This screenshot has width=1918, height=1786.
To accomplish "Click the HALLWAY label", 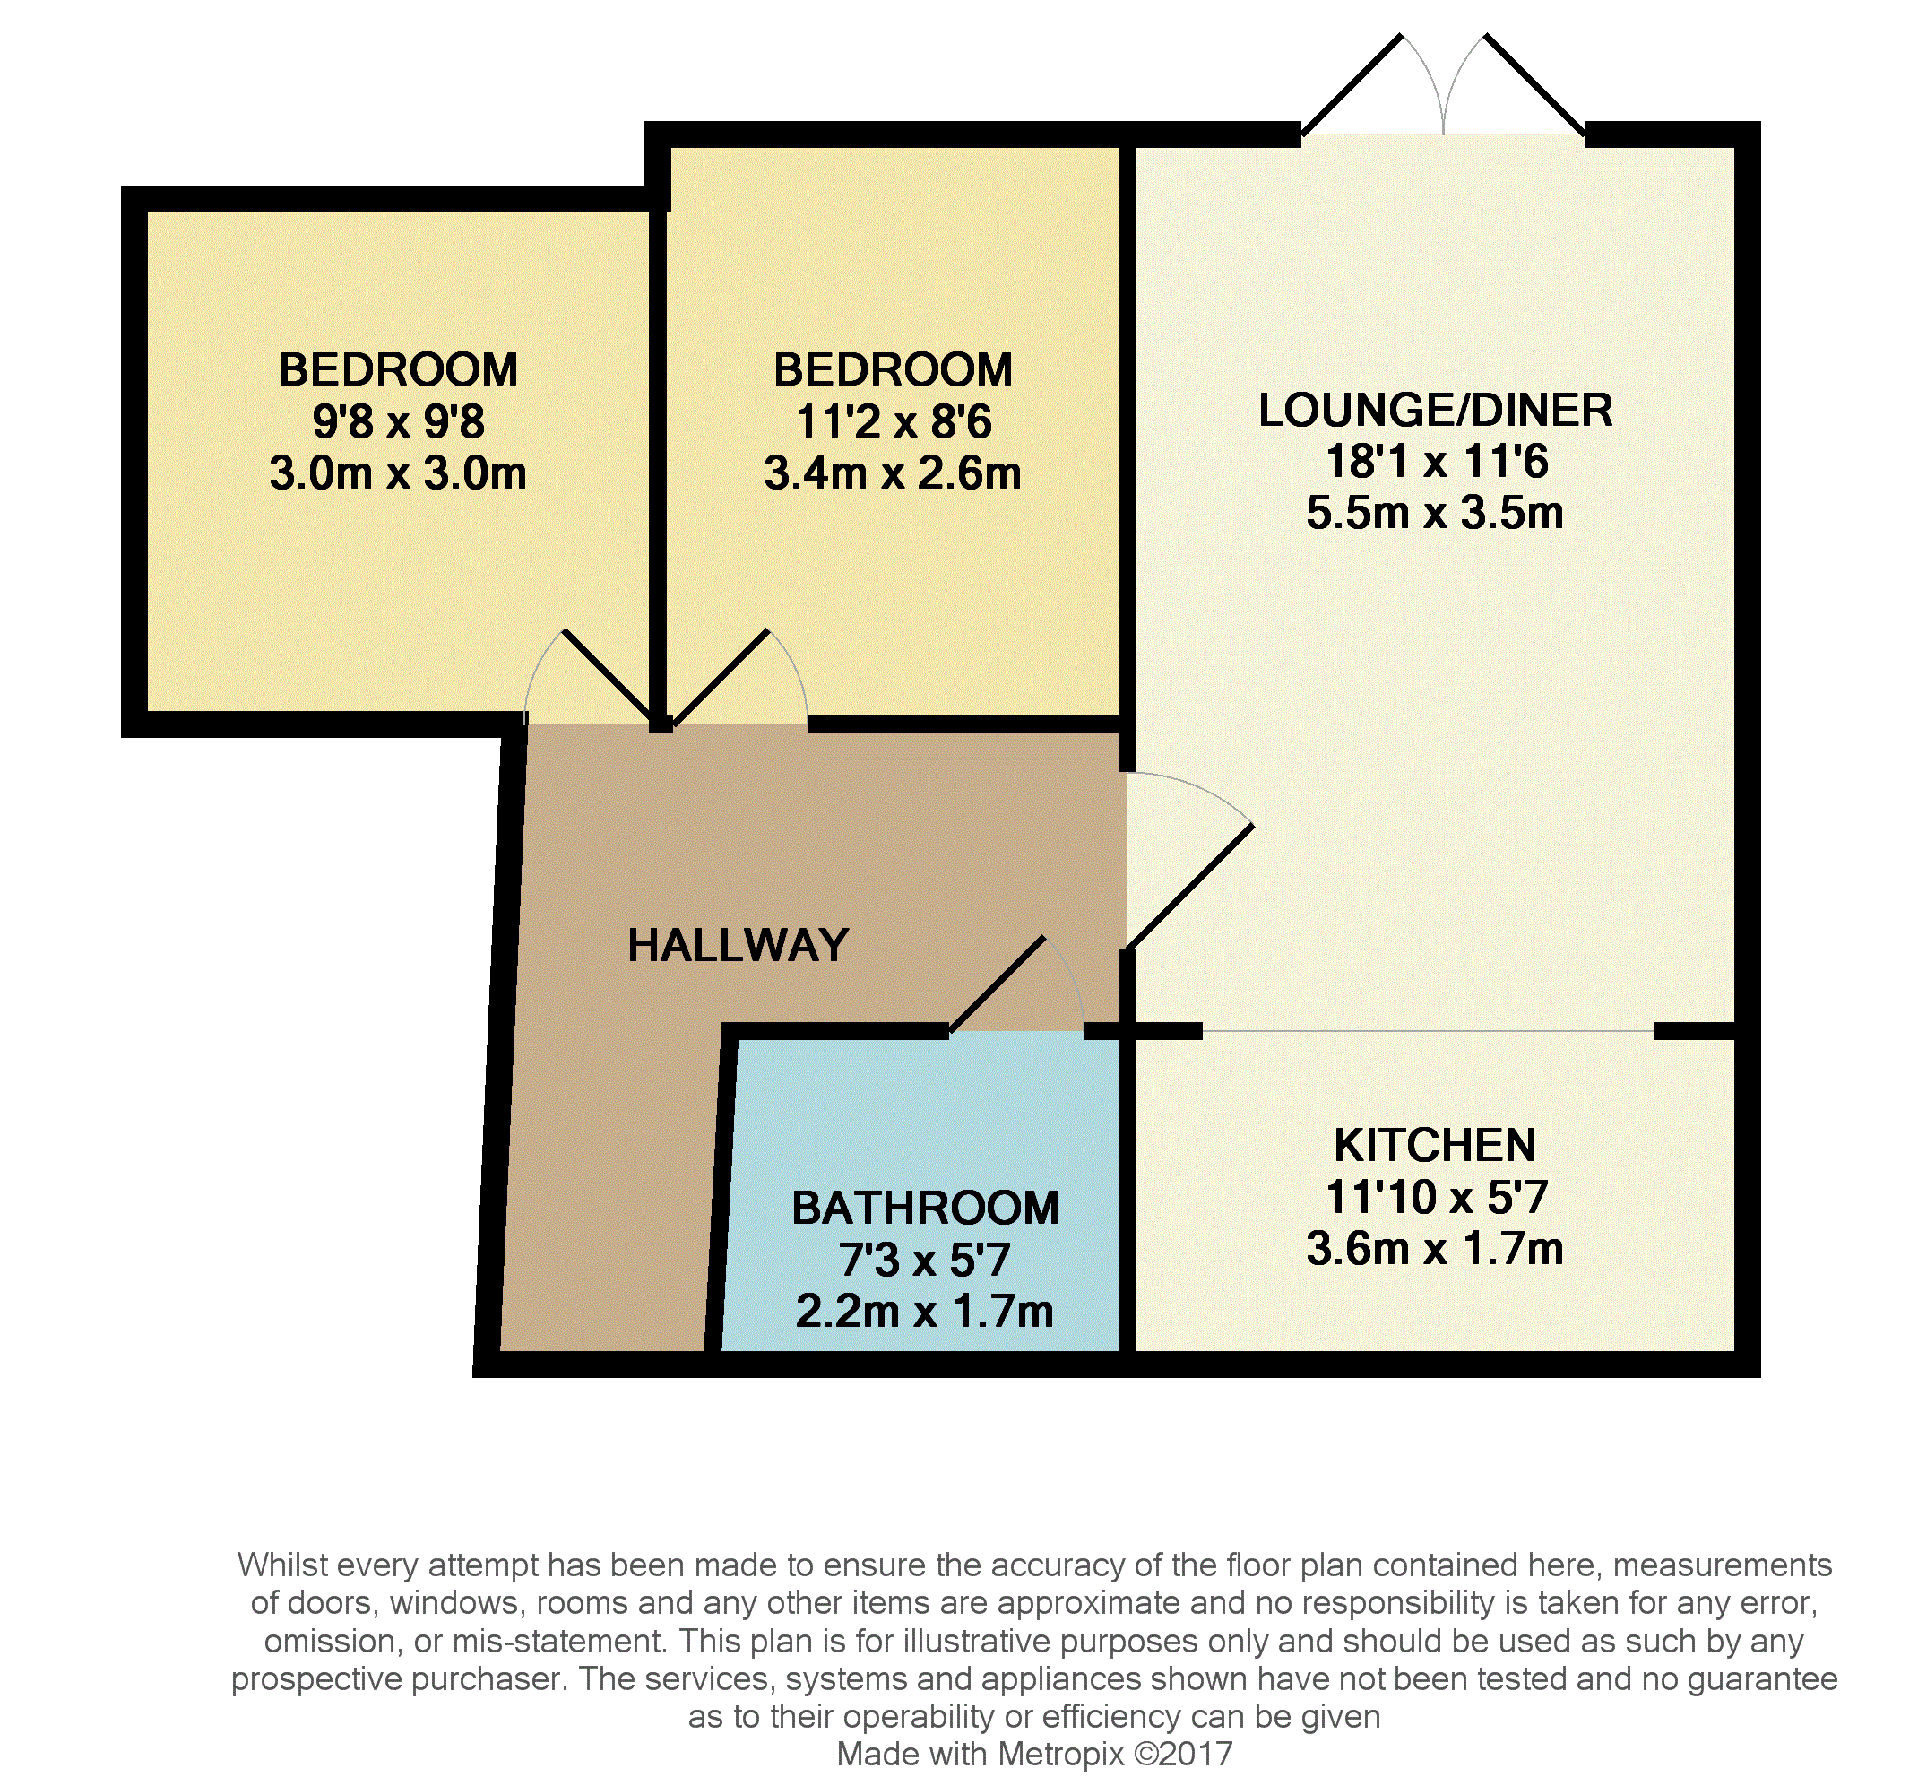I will pos(737,945).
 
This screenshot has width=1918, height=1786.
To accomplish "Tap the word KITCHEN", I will pos(1434,1145).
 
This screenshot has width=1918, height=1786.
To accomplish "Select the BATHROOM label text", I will pos(924,1208).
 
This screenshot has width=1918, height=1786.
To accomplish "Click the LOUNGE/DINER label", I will pos(1435,410).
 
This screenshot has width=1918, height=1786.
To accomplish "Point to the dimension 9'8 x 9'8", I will pos(398,421).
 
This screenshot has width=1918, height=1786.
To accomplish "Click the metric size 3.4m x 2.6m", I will pos(893,473).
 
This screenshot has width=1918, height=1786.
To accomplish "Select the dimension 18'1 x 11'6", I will pos(1436,461).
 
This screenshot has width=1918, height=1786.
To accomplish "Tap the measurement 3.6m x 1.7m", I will pos(1434,1249).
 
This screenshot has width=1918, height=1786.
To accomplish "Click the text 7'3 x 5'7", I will pos(924,1259).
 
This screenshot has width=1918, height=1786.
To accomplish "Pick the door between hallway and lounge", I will pos(1189,886).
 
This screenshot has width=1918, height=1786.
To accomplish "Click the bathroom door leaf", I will pos(998,984).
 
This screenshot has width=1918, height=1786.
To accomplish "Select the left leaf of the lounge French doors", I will pos(1351,87).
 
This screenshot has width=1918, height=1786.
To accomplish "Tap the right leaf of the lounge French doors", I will pos(1534,87).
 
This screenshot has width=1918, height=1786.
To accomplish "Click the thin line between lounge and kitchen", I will pos(1428,1030).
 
